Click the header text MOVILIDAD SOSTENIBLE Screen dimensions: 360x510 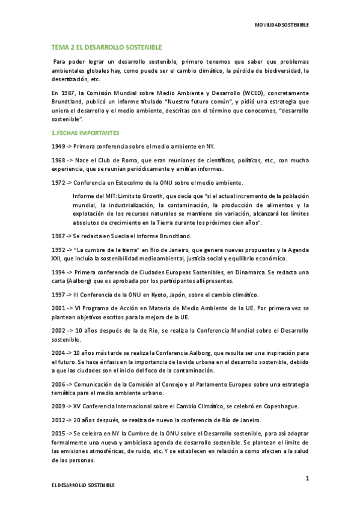(x=282, y=25)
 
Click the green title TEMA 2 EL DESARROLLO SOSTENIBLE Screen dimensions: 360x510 (x=106, y=47)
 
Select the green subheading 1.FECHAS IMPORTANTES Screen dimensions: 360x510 (x=85, y=132)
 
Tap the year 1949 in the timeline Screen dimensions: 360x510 (x=58, y=146)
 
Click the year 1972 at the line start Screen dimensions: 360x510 (x=58, y=182)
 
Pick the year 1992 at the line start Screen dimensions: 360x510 (x=58, y=250)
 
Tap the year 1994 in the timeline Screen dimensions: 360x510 (x=58, y=272)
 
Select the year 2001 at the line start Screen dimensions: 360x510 (x=58, y=308)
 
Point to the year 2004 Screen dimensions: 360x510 (x=58, y=352)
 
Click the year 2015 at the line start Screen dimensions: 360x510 (x=58, y=433)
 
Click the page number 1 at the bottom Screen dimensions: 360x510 (x=307, y=478)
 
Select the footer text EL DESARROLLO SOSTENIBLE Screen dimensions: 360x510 (x=82, y=484)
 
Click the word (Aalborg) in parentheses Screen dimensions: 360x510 (x=78, y=281)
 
